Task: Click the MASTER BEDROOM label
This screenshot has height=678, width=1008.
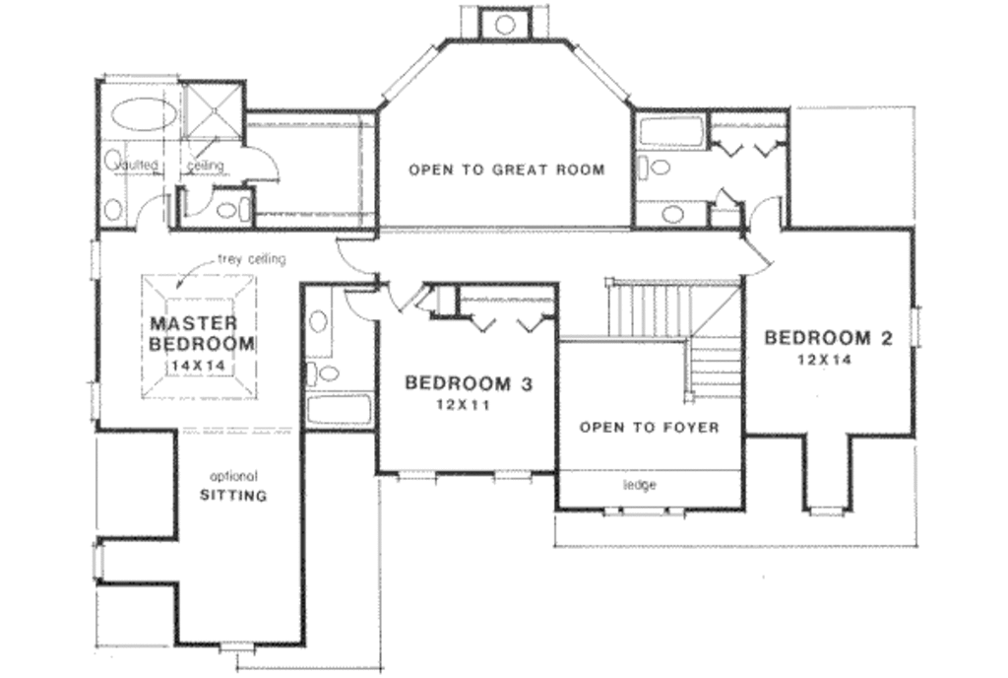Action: pos(201,334)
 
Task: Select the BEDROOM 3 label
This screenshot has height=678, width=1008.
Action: pos(468,382)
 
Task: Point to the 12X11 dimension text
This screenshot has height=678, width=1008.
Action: pos(468,404)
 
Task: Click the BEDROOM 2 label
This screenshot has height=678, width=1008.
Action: pos(828,338)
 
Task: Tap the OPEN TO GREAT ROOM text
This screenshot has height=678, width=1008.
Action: pos(506,169)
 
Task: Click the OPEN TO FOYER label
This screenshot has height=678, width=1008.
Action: pos(648,428)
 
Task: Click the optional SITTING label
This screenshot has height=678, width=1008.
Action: pos(232,488)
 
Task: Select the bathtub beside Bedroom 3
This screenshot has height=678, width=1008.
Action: pos(338,410)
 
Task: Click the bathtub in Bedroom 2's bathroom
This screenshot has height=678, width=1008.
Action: pos(668,131)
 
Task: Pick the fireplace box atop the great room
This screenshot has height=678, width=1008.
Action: pos(505,22)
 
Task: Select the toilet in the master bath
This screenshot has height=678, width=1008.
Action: pos(229,209)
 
